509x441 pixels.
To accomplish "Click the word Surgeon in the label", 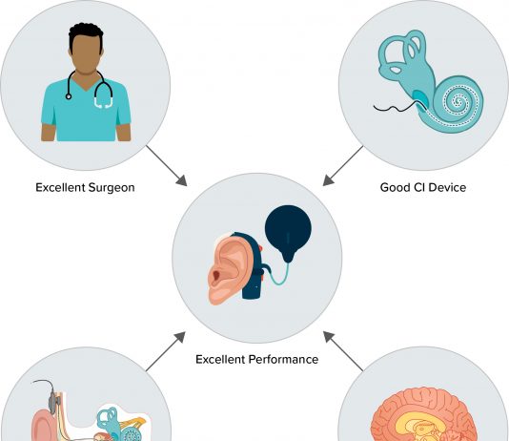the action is click(112, 188).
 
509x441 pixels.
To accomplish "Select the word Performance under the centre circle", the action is click(283, 360).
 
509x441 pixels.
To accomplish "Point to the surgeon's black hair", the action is click(86, 33).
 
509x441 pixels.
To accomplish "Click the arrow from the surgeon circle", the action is click(167, 165).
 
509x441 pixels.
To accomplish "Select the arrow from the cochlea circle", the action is click(343, 166).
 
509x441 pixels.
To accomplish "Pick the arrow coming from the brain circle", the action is click(343, 351).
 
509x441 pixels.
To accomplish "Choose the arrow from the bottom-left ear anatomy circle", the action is click(166, 351).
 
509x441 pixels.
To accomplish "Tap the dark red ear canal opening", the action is click(215, 276).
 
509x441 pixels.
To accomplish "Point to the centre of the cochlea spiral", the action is click(458, 102).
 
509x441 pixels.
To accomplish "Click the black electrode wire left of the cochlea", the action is click(395, 108).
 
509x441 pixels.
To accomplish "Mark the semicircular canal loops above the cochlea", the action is click(402, 52).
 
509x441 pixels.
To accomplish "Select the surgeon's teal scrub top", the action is click(86, 111).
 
